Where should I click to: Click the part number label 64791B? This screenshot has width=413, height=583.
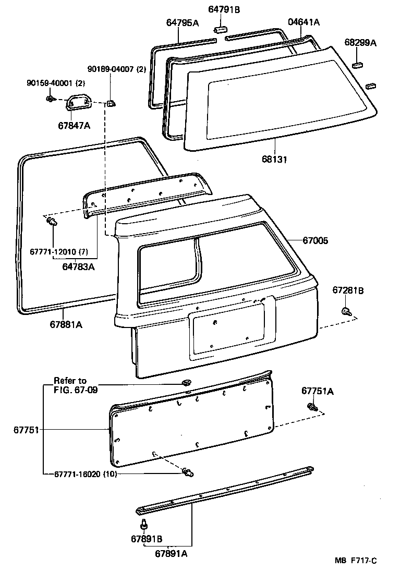pos(224,9)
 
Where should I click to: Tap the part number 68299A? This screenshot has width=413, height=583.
pos(360,43)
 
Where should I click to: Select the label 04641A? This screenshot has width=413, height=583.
pos(303,22)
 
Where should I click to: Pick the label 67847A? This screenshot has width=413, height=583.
pos(73,125)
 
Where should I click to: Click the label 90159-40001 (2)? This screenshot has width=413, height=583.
pos(56,83)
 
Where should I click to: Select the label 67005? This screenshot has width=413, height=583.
pos(316,241)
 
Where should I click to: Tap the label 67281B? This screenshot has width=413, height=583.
pos(348,291)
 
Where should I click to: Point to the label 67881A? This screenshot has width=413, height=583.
pos(66,324)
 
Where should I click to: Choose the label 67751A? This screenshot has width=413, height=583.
pos(317,391)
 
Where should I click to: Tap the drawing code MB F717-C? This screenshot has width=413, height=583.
pos(356,561)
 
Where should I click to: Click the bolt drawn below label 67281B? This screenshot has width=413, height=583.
pos(346,312)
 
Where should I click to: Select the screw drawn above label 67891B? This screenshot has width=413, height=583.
pos(143,523)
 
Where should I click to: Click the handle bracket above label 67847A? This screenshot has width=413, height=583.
pos(79,101)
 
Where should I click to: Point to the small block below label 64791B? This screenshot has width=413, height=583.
pos(220,28)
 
